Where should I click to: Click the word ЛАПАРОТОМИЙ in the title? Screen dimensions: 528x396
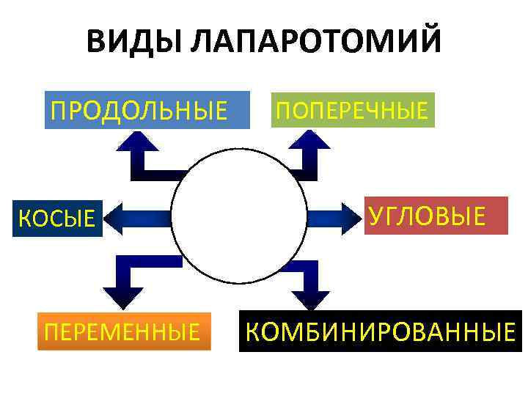(x=315, y=42)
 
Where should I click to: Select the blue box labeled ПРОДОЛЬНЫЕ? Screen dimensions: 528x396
(x=147, y=111)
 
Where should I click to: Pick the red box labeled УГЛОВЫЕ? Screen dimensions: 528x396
(x=436, y=216)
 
